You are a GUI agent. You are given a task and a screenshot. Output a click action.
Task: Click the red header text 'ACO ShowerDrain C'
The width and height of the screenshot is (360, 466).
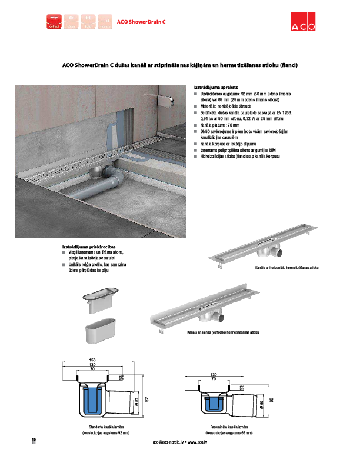142,22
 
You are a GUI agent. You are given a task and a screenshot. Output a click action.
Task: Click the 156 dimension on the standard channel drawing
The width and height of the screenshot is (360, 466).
92,360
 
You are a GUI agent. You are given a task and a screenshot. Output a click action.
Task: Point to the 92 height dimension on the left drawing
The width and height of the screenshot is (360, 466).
148,399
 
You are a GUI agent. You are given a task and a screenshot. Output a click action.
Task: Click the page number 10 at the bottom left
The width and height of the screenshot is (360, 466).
34,440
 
